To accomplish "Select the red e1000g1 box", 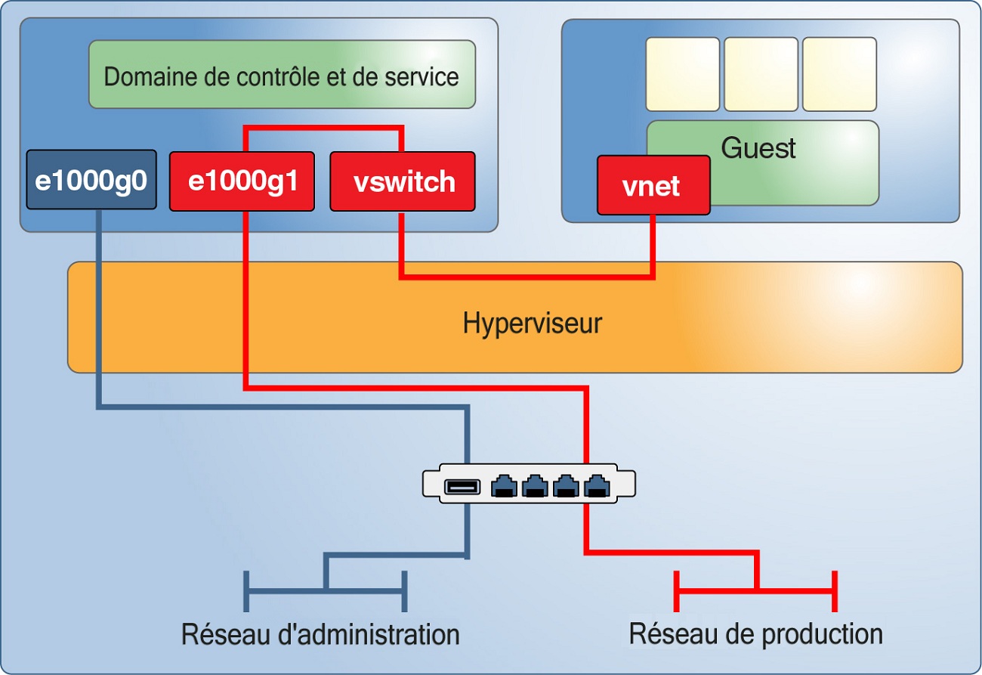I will point(242,181).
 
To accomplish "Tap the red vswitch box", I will point(403,181).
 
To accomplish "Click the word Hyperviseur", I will point(532,324).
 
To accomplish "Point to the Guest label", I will point(758,147).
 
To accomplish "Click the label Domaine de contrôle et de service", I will point(282,76).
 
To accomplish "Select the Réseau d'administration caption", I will point(320,633).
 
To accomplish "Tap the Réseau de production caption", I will point(755,633).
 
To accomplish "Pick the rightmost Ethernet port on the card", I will point(598,486).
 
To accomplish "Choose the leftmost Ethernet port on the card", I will point(504,486).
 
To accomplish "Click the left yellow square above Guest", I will point(683,74).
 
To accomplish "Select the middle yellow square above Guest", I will point(761,74).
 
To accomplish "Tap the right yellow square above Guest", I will point(839,74).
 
